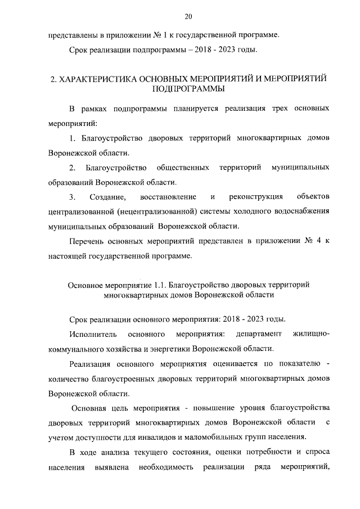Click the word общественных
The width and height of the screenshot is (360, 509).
(x=183, y=168)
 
